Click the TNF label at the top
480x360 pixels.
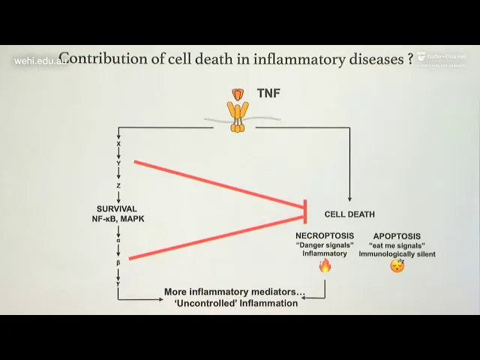pyautogui.click(x=268, y=94)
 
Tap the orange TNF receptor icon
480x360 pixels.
pyautogui.click(x=238, y=109)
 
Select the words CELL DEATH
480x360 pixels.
pyautogui.click(x=349, y=214)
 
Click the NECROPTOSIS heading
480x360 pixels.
pyautogui.click(x=325, y=235)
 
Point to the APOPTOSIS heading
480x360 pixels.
pyautogui.click(x=397, y=235)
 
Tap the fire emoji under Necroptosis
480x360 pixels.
pyautogui.click(x=325, y=265)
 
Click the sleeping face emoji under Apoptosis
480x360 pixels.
pyautogui.click(x=397, y=265)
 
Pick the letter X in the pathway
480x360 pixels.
pyautogui.click(x=118, y=143)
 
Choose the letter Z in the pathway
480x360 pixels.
pyautogui.click(x=118, y=185)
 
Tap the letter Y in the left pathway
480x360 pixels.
pyautogui.click(x=118, y=163)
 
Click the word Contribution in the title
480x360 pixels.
pyautogui.click(x=96, y=58)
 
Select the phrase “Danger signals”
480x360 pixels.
pyautogui.click(x=325, y=245)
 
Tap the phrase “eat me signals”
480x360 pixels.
pyautogui.click(x=397, y=245)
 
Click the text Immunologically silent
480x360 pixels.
pyautogui.click(x=397, y=254)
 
